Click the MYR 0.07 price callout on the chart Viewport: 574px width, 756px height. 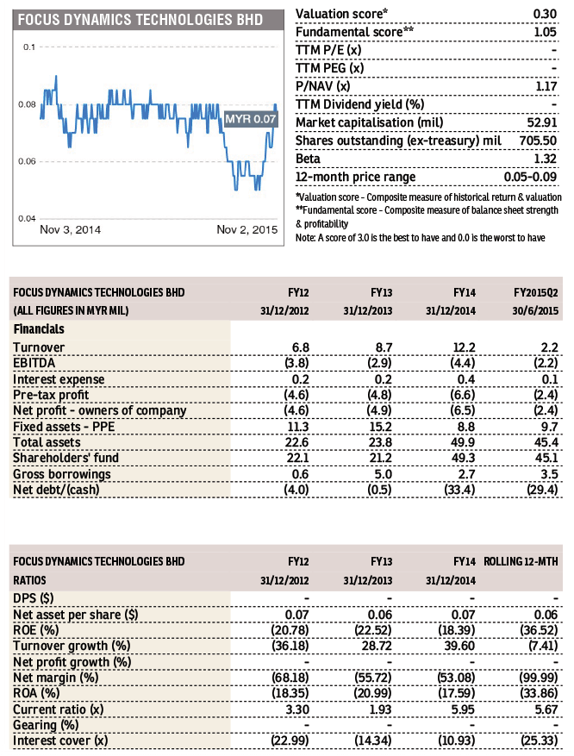click(x=249, y=118)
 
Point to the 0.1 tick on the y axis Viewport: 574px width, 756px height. click(x=29, y=47)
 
